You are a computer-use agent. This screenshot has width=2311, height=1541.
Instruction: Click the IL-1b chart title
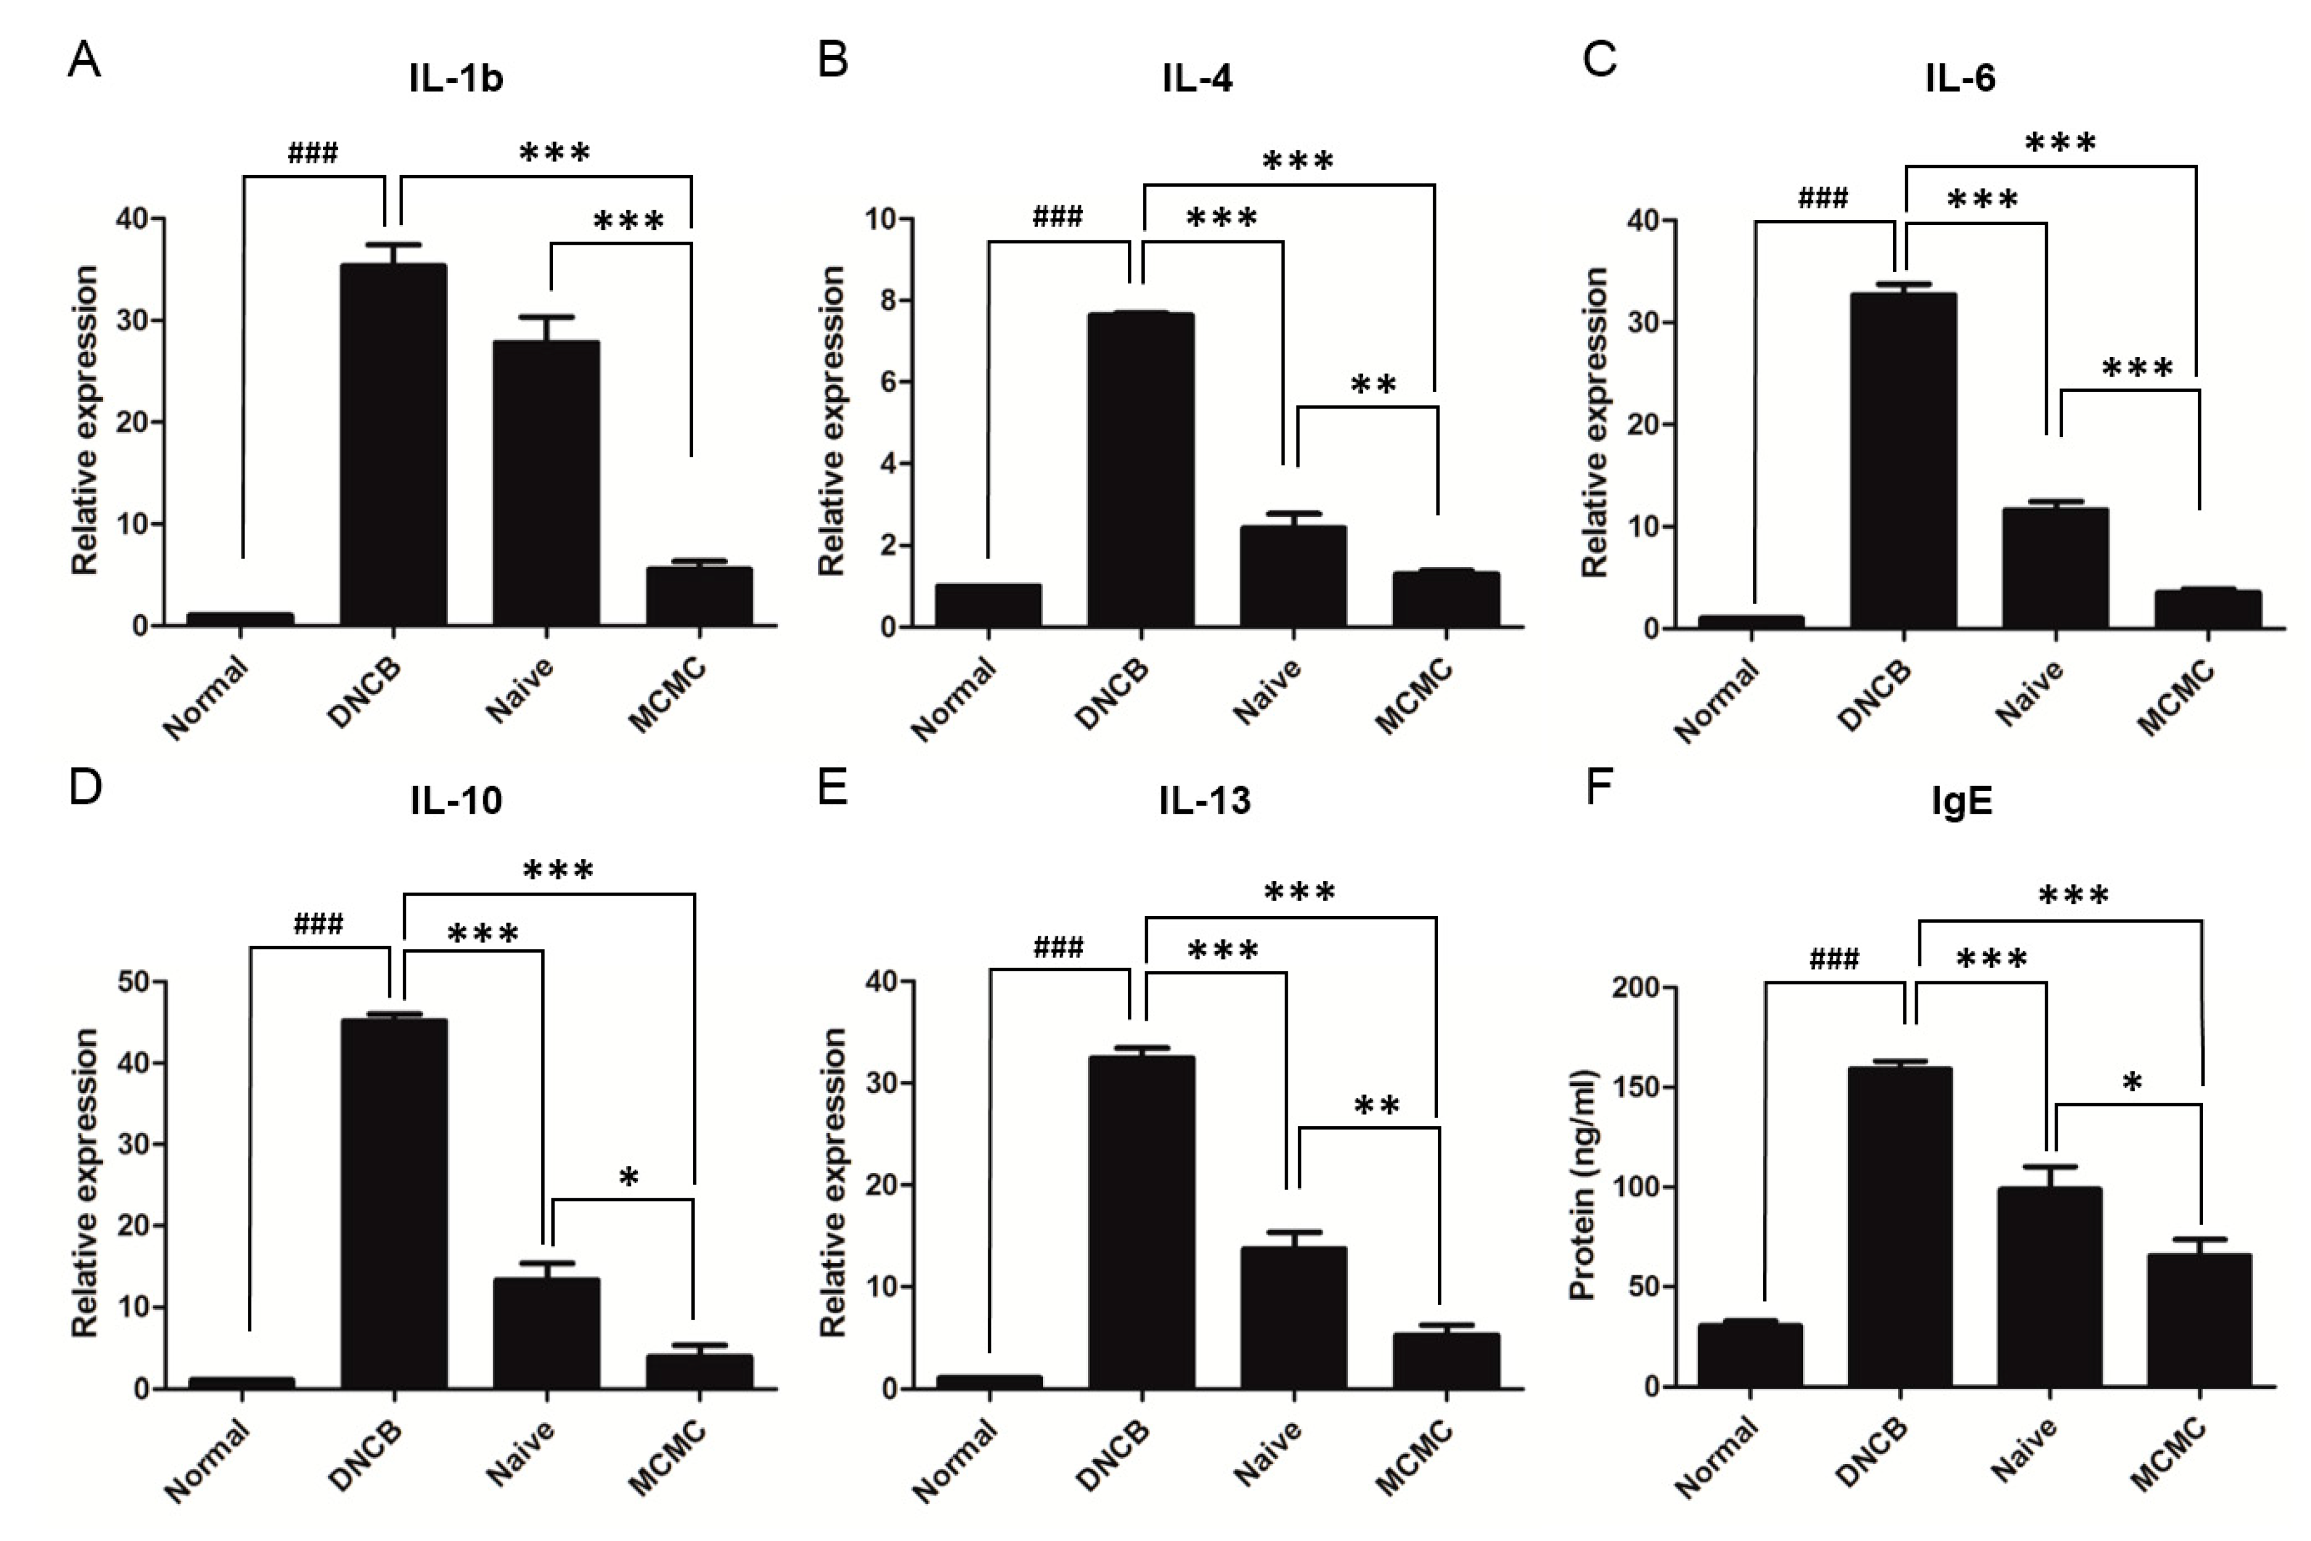456,78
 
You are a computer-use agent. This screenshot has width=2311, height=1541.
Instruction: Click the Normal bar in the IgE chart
1749,1355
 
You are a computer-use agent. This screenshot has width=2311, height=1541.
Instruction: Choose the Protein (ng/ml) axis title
1583,1185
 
